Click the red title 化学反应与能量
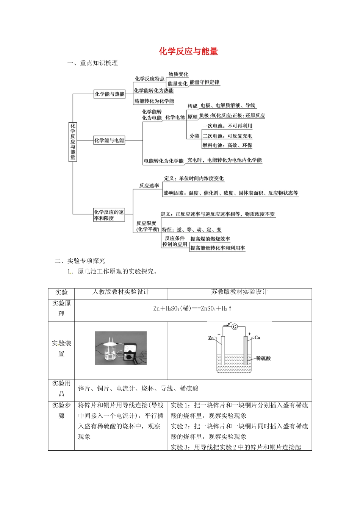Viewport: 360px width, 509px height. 188,52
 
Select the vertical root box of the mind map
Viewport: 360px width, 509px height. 73,141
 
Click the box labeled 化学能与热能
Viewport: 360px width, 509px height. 110,94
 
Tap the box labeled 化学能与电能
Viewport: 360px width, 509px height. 109,141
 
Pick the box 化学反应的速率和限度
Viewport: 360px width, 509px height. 109,215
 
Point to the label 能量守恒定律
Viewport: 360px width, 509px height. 204,82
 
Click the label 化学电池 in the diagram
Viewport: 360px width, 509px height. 175,117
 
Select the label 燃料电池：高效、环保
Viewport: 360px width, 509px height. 227,145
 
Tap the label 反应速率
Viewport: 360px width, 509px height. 149,186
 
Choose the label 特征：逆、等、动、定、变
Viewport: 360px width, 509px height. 192,230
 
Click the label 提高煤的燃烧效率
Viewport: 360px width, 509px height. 210,239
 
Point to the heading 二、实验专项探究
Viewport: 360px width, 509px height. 80,261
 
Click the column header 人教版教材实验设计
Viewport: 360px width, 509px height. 121,292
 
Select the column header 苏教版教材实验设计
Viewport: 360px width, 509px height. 239,292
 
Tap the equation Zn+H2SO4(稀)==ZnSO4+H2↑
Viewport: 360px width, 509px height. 193,309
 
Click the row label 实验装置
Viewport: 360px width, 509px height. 61,348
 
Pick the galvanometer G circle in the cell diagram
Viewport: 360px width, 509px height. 235,326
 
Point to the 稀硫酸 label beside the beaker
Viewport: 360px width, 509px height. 263,358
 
